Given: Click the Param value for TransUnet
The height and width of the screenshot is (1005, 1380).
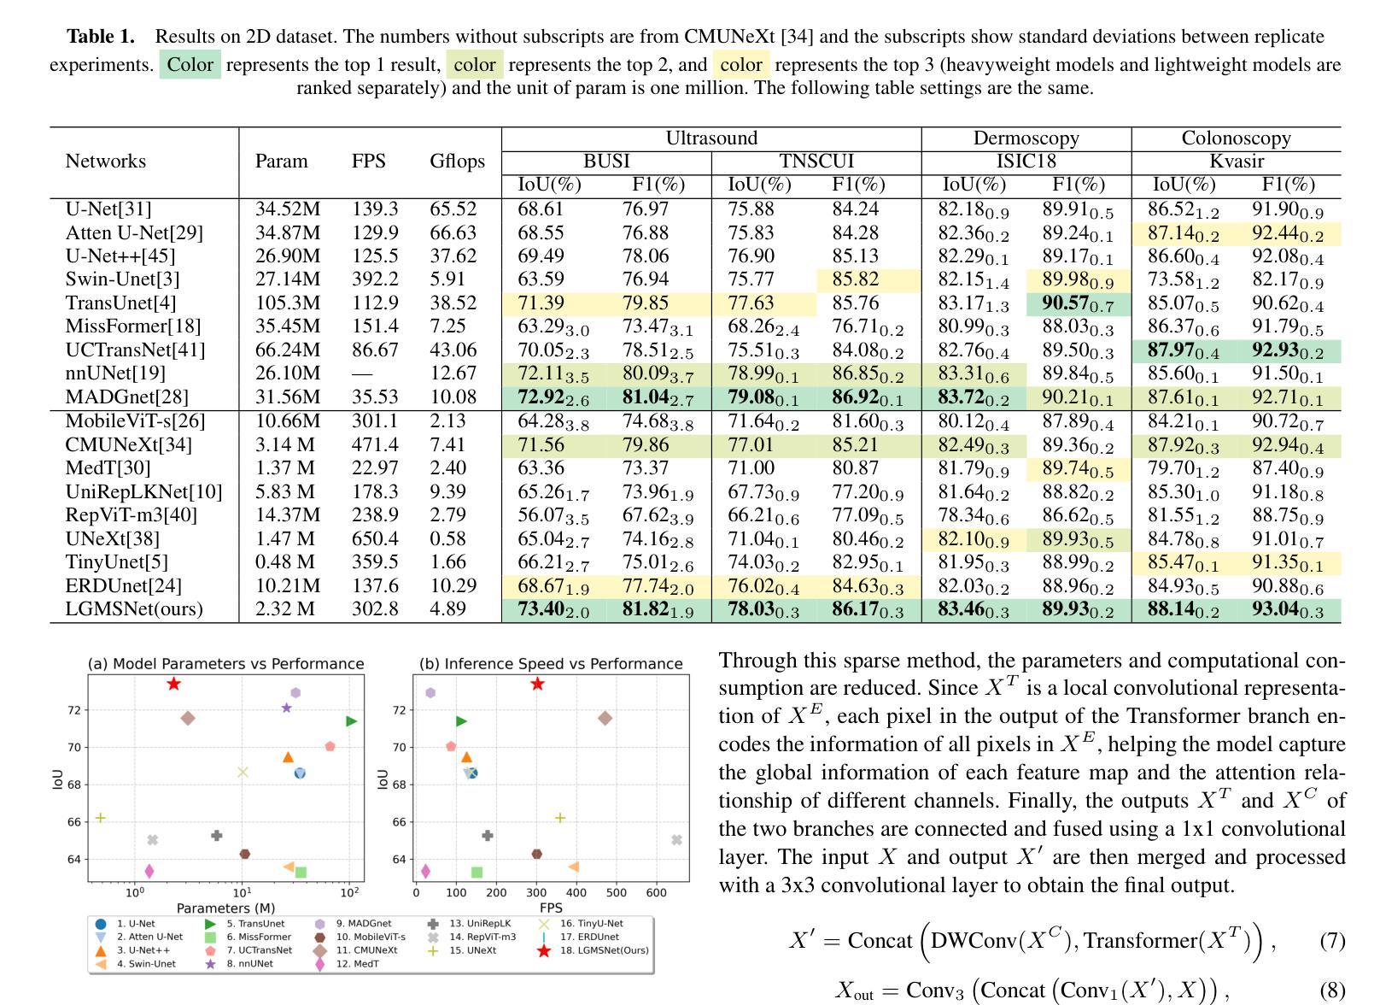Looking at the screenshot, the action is [288, 303].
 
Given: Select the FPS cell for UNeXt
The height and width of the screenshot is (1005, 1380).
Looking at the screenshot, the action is [375, 539].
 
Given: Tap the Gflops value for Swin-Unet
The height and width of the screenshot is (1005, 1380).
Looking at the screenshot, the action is [447, 279].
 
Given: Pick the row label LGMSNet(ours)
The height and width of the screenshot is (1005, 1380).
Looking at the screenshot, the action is [134, 609].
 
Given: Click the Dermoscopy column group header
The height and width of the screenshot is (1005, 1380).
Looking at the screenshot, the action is [1026, 138].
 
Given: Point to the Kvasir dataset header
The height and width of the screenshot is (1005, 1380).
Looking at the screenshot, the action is [1236, 162].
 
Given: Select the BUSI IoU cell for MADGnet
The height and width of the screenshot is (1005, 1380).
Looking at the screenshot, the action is [553, 397].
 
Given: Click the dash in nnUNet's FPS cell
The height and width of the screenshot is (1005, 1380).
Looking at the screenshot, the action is [361, 373].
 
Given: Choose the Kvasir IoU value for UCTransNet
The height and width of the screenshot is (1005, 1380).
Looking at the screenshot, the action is [1183, 350].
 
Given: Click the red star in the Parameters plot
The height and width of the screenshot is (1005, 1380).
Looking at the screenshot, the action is [173, 684].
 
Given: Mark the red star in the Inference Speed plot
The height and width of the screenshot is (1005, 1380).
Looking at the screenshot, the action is [538, 684].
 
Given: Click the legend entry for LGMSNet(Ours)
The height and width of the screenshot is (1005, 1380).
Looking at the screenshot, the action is [595, 951].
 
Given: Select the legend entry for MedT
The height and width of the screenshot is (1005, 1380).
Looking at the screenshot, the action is [346, 964].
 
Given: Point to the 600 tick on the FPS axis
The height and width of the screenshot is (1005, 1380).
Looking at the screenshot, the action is [656, 892].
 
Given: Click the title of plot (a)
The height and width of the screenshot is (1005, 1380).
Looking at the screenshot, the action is [226, 663].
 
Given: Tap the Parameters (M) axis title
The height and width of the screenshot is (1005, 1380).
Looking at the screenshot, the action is [226, 908].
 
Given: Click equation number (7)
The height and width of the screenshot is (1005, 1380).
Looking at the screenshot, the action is [1332, 941].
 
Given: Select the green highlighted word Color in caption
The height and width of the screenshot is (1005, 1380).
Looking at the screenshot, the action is [190, 65].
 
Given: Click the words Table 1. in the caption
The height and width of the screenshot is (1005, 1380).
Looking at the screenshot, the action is [101, 37].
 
